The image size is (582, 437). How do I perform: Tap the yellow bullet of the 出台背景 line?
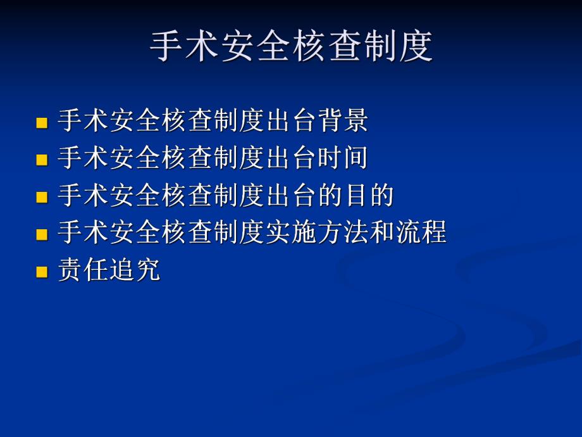pos(42,122)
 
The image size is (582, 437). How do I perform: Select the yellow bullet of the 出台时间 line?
pos(42,160)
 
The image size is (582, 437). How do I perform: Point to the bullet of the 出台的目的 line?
pos(42,197)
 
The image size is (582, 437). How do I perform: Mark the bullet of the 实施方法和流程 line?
pos(42,234)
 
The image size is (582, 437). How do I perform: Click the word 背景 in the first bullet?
pos(343,121)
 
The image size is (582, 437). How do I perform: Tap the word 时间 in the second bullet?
pos(343,158)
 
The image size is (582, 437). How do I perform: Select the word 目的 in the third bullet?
pos(369,196)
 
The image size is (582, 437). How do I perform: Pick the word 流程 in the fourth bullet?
pos(421,233)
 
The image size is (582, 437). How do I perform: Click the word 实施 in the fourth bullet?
pos(291,233)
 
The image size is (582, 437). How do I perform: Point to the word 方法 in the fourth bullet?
pos(343,233)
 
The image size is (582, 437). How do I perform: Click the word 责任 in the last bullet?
pos(84,270)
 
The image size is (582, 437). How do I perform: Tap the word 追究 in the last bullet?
pos(135,270)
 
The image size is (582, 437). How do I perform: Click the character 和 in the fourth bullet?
pos(382,233)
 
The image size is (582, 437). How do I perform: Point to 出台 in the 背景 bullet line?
pos(291,121)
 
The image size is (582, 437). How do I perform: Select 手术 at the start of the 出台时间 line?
pos(84,158)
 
